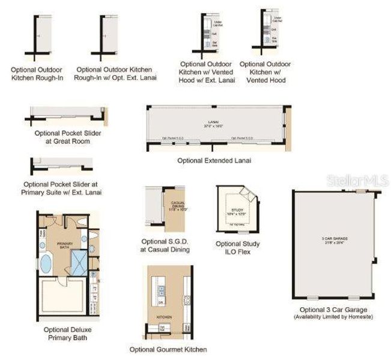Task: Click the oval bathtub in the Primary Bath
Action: tap(46, 262)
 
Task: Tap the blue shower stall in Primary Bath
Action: tap(78, 260)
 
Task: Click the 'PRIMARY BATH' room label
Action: tap(64, 245)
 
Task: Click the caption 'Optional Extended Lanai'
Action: tap(214, 161)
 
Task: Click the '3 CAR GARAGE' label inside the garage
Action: tap(334, 239)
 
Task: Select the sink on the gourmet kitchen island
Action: tap(160, 291)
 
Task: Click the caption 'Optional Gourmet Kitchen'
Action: tap(168, 349)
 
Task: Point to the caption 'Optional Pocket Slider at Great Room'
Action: tap(67, 137)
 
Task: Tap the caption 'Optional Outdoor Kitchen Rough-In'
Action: tap(41, 74)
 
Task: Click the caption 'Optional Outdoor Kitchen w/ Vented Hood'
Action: tap(265, 71)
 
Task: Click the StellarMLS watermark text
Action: tap(357, 179)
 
